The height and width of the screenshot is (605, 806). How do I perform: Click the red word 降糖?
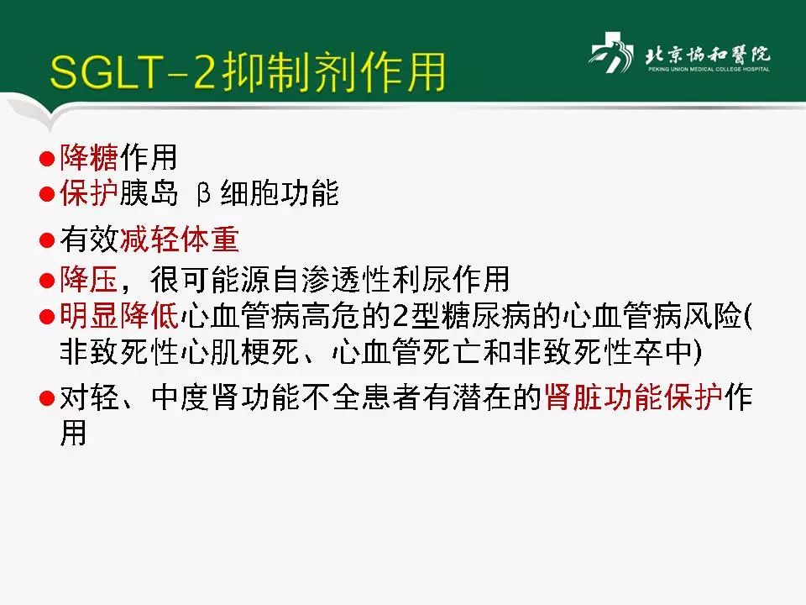89,156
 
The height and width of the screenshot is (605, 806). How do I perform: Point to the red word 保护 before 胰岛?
89,194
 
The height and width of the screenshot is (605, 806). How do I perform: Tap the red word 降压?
89,278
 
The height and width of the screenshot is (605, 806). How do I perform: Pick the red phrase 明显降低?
119,317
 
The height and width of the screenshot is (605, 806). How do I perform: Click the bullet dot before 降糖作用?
47,157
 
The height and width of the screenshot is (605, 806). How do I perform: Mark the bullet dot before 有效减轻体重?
47,241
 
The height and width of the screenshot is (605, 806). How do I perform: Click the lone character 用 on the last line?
74,433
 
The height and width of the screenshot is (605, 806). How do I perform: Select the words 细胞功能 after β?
280,194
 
